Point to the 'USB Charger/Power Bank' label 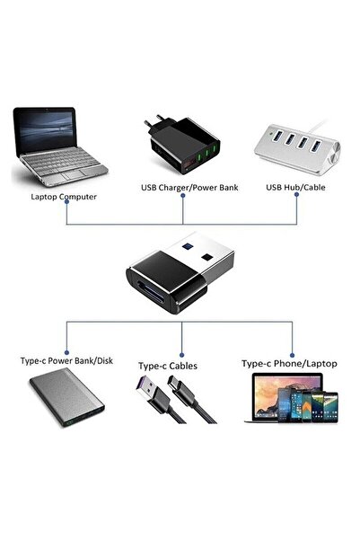coord(183,188)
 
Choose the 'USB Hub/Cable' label coord(295,188)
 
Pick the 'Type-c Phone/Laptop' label coord(289,364)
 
